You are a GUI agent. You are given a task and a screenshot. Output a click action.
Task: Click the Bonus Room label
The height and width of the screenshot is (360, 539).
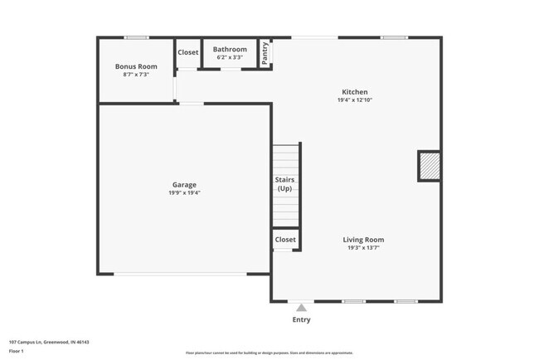pos(136,66)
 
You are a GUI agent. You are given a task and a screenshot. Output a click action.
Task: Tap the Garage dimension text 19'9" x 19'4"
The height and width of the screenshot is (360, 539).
pos(184,192)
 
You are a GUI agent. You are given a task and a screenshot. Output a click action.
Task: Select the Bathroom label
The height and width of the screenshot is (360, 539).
pos(230,50)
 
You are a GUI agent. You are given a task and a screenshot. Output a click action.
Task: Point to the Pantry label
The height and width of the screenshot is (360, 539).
pos(265,53)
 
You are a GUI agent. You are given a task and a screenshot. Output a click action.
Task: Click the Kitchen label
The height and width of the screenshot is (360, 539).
pos(355,92)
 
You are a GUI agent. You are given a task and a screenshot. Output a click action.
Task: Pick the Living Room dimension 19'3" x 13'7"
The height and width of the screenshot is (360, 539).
pos(363,247)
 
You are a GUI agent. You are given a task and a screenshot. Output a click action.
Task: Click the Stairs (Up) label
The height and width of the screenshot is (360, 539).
pos(285,183)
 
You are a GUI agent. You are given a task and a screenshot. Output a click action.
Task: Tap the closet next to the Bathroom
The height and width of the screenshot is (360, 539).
pos(188,52)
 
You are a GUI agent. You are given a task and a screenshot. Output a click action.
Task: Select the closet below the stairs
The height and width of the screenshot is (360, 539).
pos(285,240)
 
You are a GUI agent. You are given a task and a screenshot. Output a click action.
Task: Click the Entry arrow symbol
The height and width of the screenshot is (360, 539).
pos(301,308)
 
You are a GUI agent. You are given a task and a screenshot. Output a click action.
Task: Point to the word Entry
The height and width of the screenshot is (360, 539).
pos(301,319)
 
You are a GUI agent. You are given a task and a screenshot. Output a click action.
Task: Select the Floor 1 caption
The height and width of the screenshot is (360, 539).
pos(17,351)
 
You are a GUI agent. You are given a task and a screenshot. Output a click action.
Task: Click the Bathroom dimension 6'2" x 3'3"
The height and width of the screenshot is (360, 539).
pos(230,58)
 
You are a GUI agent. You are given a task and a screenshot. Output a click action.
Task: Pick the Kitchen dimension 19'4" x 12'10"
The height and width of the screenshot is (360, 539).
pos(355,100)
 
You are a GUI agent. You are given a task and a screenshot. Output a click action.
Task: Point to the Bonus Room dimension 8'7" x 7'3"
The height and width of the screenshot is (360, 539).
pos(136,75)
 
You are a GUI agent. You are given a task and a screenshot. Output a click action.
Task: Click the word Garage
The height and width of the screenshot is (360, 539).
pos(184,184)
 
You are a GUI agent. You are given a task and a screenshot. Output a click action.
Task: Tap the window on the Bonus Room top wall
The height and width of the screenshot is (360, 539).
pos(137,37)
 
